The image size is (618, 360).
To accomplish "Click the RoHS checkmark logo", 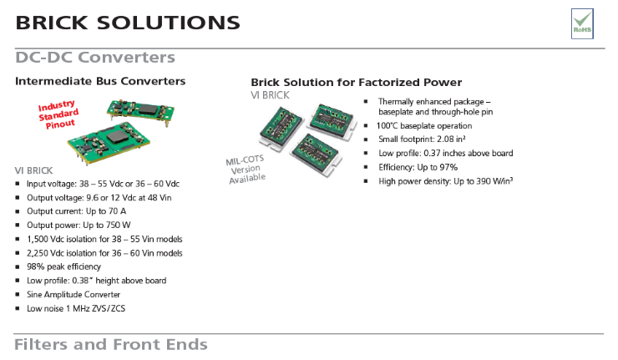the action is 582,23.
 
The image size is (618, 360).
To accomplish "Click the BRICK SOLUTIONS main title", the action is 128,23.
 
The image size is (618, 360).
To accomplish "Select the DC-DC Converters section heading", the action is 95,58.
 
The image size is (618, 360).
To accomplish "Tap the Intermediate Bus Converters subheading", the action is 100,81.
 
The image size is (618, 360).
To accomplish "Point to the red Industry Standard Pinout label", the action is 58,114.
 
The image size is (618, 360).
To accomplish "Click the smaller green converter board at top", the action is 140,110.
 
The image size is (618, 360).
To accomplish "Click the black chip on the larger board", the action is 117,137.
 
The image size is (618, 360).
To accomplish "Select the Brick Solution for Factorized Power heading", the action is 357,83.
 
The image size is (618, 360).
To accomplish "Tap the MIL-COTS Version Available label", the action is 246,170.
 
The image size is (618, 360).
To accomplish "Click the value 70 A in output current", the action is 118,211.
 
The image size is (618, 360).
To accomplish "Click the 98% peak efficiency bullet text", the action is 63,267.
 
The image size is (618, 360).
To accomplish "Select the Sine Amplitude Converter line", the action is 73,295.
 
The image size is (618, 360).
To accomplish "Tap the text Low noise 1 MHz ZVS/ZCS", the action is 76,308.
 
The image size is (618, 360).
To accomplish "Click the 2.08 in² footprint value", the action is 451,139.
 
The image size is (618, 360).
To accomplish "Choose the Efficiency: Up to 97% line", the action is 418,167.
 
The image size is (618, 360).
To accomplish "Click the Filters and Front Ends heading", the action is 111,345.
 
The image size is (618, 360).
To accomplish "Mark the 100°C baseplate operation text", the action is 424,126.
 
